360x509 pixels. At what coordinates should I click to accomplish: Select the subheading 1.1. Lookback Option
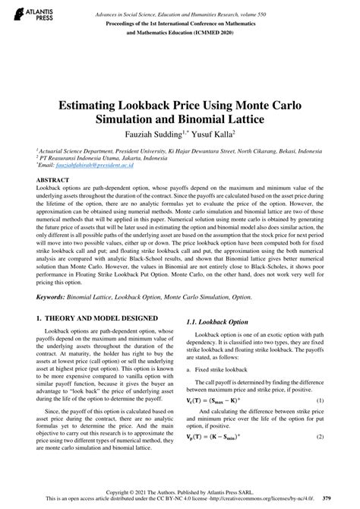click(x=220, y=322)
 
